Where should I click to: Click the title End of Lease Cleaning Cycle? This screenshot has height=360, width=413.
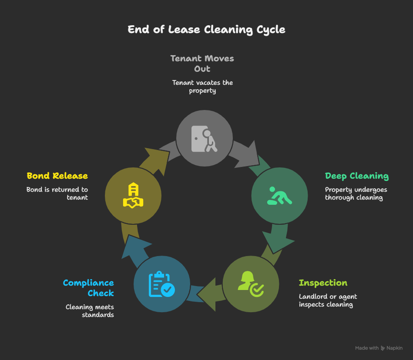tap(206, 30)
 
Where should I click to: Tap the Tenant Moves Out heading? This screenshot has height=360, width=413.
tap(202, 63)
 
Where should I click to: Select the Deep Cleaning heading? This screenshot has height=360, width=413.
tap(356, 176)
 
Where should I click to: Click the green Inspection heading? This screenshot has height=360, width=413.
tap(322, 283)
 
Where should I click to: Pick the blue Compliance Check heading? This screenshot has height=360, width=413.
tap(88, 288)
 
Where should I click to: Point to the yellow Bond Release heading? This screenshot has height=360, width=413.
tap(57, 176)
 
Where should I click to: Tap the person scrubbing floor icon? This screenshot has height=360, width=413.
tap(279, 196)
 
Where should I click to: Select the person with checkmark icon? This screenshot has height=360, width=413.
tap(251, 283)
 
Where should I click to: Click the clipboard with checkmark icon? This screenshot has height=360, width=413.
tap(161, 284)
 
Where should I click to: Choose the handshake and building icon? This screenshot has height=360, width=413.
tap(133, 196)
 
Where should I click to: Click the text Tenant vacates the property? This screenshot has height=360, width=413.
tap(202, 87)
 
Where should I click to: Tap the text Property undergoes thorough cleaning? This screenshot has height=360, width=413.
tap(356, 193)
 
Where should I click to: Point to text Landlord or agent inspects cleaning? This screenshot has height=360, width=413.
tap(327, 300)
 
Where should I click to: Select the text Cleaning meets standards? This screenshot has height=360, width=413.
tap(90, 310)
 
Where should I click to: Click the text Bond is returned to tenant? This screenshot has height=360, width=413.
tap(57, 193)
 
